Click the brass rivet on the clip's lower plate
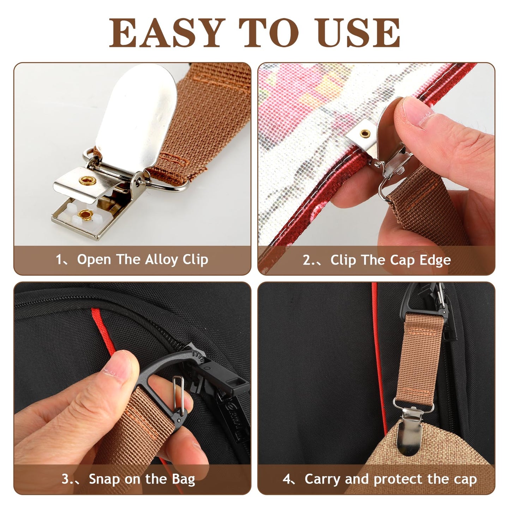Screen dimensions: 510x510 84,214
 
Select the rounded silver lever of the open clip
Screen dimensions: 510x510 136,116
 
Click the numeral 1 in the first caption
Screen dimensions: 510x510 59,260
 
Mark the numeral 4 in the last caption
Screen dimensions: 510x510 287,479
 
